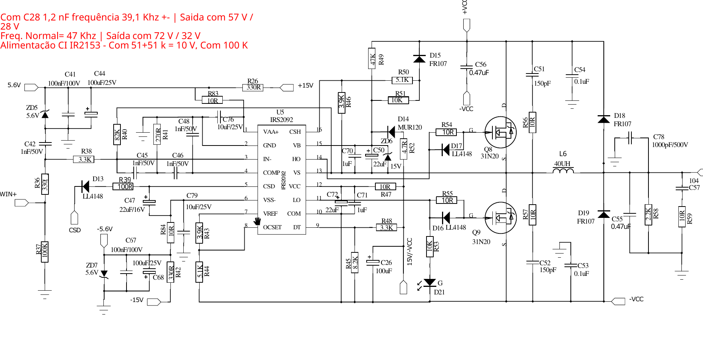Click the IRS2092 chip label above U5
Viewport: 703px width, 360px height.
click(281, 120)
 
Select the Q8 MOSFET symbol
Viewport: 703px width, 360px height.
click(500, 132)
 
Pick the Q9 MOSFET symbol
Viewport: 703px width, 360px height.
click(500, 218)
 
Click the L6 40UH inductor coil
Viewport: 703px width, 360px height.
click(563, 171)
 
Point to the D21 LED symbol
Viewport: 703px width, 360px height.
click(430, 283)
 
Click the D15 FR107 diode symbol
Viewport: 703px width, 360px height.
click(419, 59)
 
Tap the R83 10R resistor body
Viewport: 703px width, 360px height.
click(212, 100)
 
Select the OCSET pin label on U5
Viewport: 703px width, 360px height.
click(272, 227)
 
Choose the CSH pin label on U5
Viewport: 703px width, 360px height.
click(295, 132)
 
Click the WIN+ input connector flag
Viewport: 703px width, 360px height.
click(22, 203)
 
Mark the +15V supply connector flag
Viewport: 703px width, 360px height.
click(287, 88)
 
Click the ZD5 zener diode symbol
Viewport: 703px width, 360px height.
click(45, 114)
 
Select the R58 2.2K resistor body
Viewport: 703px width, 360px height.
click(648, 215)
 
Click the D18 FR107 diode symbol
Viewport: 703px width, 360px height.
click(603, 119)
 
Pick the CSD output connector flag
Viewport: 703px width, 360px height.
click(75, 218)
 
